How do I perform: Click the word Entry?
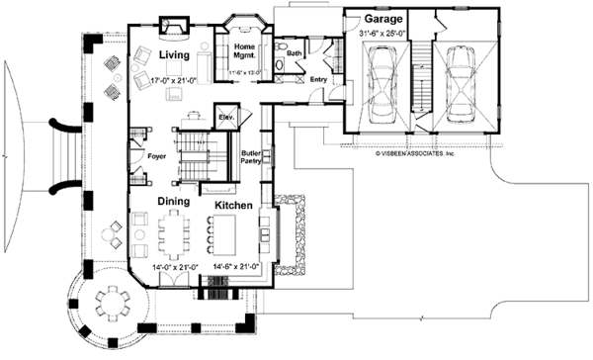pyautogui.click(x=317, y=79)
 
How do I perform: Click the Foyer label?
pyautogui.click(x=156, y=156)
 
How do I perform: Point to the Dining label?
pyautogui.click(x=177, y=201)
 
